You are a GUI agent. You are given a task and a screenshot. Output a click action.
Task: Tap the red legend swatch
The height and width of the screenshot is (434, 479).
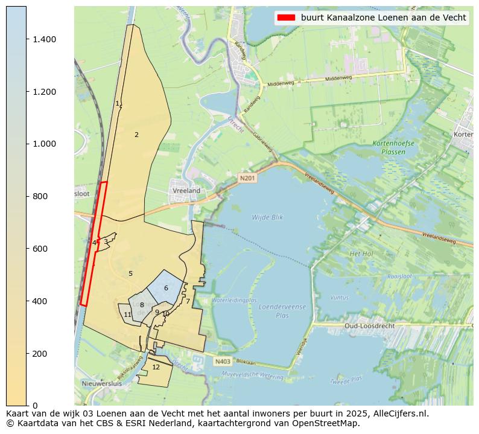click(x=285, y=18)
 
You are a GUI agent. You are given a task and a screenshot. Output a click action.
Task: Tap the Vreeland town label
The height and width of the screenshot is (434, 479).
click(x=186, y=191)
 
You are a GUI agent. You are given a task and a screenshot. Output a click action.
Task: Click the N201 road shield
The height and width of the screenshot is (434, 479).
click(x=247, y=178)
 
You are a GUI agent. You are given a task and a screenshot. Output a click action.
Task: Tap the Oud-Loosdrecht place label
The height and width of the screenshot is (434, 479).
click(x=370, y=326)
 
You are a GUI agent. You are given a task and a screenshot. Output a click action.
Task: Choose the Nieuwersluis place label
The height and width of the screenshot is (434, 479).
click(x=101, y=383)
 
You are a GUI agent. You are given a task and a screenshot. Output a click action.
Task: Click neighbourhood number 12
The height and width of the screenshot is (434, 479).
click(x=156, y=367)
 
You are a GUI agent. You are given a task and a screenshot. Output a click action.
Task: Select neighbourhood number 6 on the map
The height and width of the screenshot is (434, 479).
click(x=166, y=288)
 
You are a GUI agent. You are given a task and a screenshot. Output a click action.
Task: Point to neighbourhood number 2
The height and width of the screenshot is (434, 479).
click(x=136, y=135)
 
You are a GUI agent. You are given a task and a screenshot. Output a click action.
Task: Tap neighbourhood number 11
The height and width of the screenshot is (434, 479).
click(x=127, y=314)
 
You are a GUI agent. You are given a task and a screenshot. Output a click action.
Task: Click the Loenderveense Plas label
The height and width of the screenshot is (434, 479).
click(x=281, y=311)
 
